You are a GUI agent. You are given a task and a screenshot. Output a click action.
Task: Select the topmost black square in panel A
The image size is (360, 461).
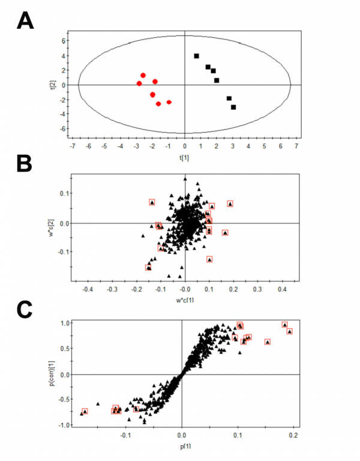(x=196, y=56)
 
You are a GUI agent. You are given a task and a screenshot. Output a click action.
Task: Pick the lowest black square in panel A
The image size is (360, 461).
(x=233, y=107)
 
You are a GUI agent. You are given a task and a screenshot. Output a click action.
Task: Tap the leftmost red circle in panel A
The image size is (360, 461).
(x=139, y=83)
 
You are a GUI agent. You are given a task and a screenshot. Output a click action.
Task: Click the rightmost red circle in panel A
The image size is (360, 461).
(x=169, y=102)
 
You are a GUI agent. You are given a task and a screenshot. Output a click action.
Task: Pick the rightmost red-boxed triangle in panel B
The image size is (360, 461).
(x=230, y=204)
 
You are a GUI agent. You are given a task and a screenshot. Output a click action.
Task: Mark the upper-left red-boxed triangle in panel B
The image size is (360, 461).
(x=152, y=202)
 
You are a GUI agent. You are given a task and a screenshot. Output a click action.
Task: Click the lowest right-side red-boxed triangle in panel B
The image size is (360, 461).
(x=210, y=259)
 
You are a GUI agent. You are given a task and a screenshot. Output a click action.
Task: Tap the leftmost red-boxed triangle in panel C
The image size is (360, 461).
(x=85, y=411)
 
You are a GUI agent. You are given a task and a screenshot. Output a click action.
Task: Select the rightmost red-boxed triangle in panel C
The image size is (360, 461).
(x=290, y=331)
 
